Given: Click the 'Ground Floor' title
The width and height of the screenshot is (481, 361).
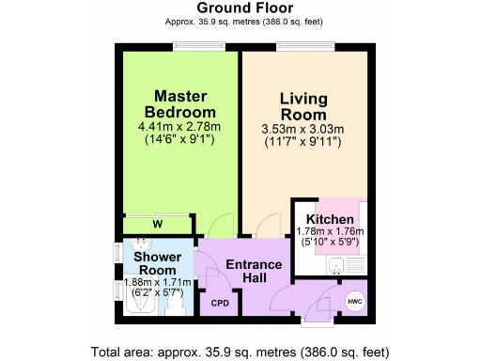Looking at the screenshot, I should tap(240, 8).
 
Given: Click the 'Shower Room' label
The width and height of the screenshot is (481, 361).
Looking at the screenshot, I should tap(157, 263).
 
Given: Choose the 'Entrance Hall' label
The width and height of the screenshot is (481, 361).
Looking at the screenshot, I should tap(254, 271).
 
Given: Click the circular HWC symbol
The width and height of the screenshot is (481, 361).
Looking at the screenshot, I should tap(354, 301).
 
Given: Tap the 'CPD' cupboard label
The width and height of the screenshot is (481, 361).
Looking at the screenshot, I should tap(220, 303).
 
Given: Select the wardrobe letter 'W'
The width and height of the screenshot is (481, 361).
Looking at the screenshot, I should tap(158, 224).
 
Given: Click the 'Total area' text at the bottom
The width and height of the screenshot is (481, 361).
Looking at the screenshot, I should tap(240, 353).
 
